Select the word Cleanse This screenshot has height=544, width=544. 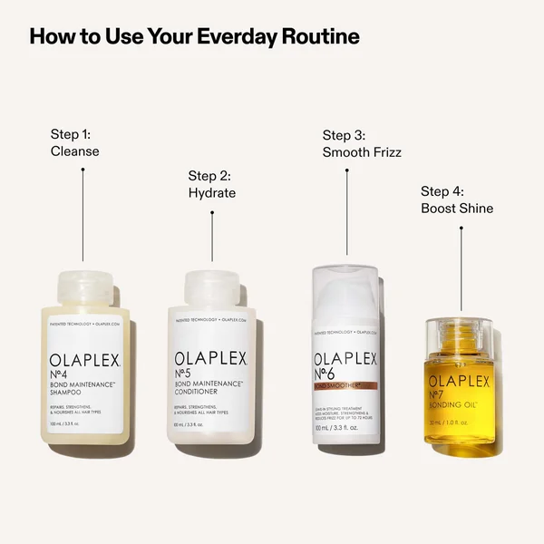[75, 151]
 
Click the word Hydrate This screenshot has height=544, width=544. [212, 193]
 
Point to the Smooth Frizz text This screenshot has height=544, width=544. [362, 152]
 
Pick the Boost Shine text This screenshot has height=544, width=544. [457, 209]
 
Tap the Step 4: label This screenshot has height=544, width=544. [442, 191]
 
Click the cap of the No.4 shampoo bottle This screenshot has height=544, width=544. [87, 289]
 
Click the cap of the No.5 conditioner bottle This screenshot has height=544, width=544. [212, 289]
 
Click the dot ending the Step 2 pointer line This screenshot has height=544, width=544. [212, 214]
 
